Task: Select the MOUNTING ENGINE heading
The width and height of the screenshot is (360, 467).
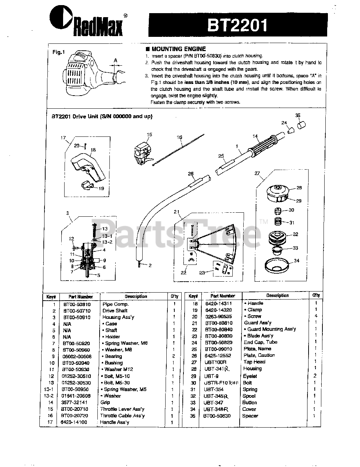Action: [178, 49]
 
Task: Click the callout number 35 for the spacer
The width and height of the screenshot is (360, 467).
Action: [298, 116]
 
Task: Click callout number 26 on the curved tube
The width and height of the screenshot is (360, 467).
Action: [190, 174]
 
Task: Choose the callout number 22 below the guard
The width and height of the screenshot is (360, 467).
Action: [184, 272]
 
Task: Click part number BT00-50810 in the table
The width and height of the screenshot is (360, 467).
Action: [77, 304]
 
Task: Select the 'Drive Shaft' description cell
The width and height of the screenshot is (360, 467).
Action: [115, 310]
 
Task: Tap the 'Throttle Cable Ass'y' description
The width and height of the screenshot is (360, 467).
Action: [122, 416]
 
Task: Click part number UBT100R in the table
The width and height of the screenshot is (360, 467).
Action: [215, 362]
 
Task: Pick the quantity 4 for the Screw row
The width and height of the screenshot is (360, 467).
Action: [316, 316]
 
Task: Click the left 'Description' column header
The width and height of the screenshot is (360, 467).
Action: [136, 296]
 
